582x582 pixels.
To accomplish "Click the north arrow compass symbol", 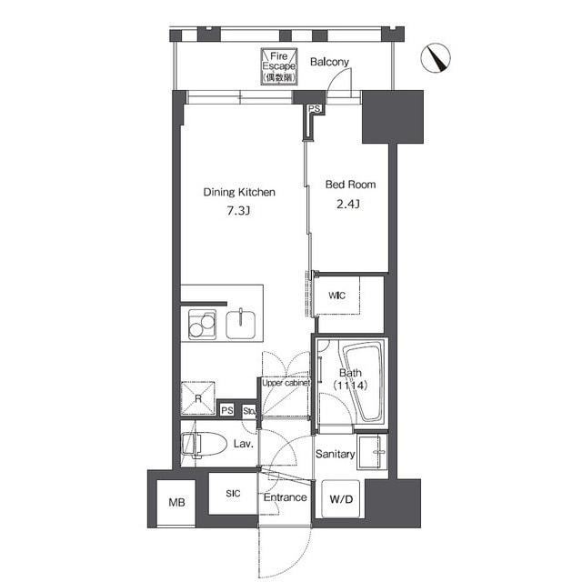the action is (436, 58).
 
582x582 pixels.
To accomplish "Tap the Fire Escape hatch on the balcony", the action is (279, 66).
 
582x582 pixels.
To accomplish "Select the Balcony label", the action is (329, 62).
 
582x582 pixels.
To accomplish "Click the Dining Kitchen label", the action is (239, 192).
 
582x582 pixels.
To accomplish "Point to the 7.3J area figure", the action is (238, 211).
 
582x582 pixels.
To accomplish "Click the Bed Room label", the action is (350, 185).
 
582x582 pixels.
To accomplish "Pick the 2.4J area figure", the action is (347, 204).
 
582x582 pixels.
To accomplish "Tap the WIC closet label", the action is (336, 296).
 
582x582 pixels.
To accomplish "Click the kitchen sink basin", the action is (240, 325).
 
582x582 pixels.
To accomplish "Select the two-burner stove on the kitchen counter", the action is (202, 325).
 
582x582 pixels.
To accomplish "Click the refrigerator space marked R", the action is (198, 398).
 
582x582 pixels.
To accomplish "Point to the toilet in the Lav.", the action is (204, 445).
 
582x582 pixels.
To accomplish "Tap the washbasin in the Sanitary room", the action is (372, 452).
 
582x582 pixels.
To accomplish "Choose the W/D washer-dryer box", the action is (341, 499).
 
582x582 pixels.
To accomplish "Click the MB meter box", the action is (176, 503).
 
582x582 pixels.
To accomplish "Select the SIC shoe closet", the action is (233, 493).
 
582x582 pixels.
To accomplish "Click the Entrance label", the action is (285, 497).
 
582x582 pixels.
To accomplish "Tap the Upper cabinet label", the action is (286, 383).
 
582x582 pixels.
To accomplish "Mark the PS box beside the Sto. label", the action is (227, 410).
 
